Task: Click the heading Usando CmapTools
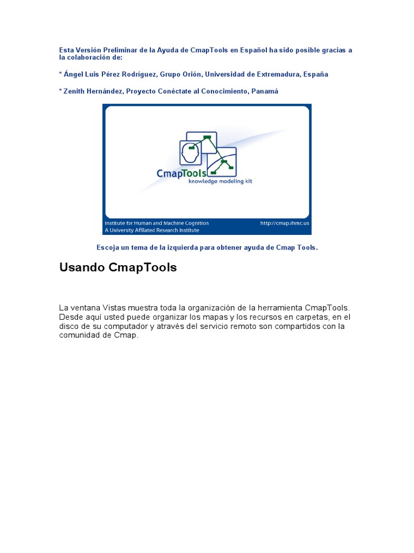(x=118, y=267)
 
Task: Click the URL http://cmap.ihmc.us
(x=285, y=223)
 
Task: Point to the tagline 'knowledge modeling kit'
(x=220, y=181)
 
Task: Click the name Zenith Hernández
(x=93, y=91)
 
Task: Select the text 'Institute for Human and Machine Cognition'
(x=156, y=223)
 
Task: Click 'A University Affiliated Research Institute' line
(x=152, y=230)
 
